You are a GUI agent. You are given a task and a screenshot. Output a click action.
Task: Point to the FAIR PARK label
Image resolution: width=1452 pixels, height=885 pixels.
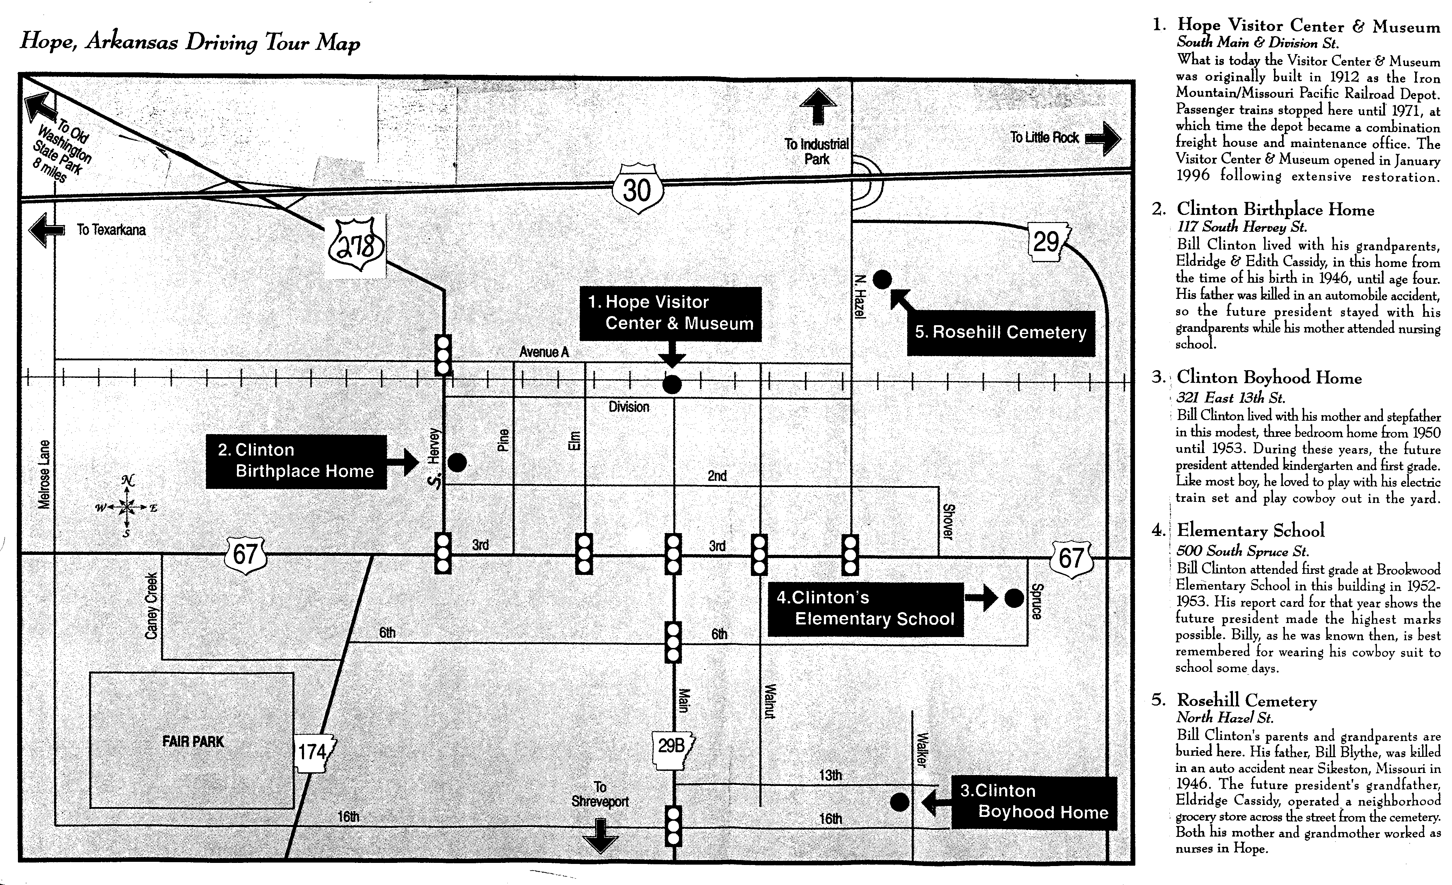[193, 741]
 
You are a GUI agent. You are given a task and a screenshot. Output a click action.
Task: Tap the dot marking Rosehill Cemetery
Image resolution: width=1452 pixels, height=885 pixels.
[882, 280]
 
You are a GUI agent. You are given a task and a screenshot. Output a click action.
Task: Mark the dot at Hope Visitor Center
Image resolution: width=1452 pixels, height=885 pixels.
[672, 385]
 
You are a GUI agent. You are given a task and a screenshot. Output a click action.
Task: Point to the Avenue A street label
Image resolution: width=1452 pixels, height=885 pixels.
[544, 352]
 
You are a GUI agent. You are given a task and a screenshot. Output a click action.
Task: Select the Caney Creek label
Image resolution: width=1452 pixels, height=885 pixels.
[151, 605]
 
